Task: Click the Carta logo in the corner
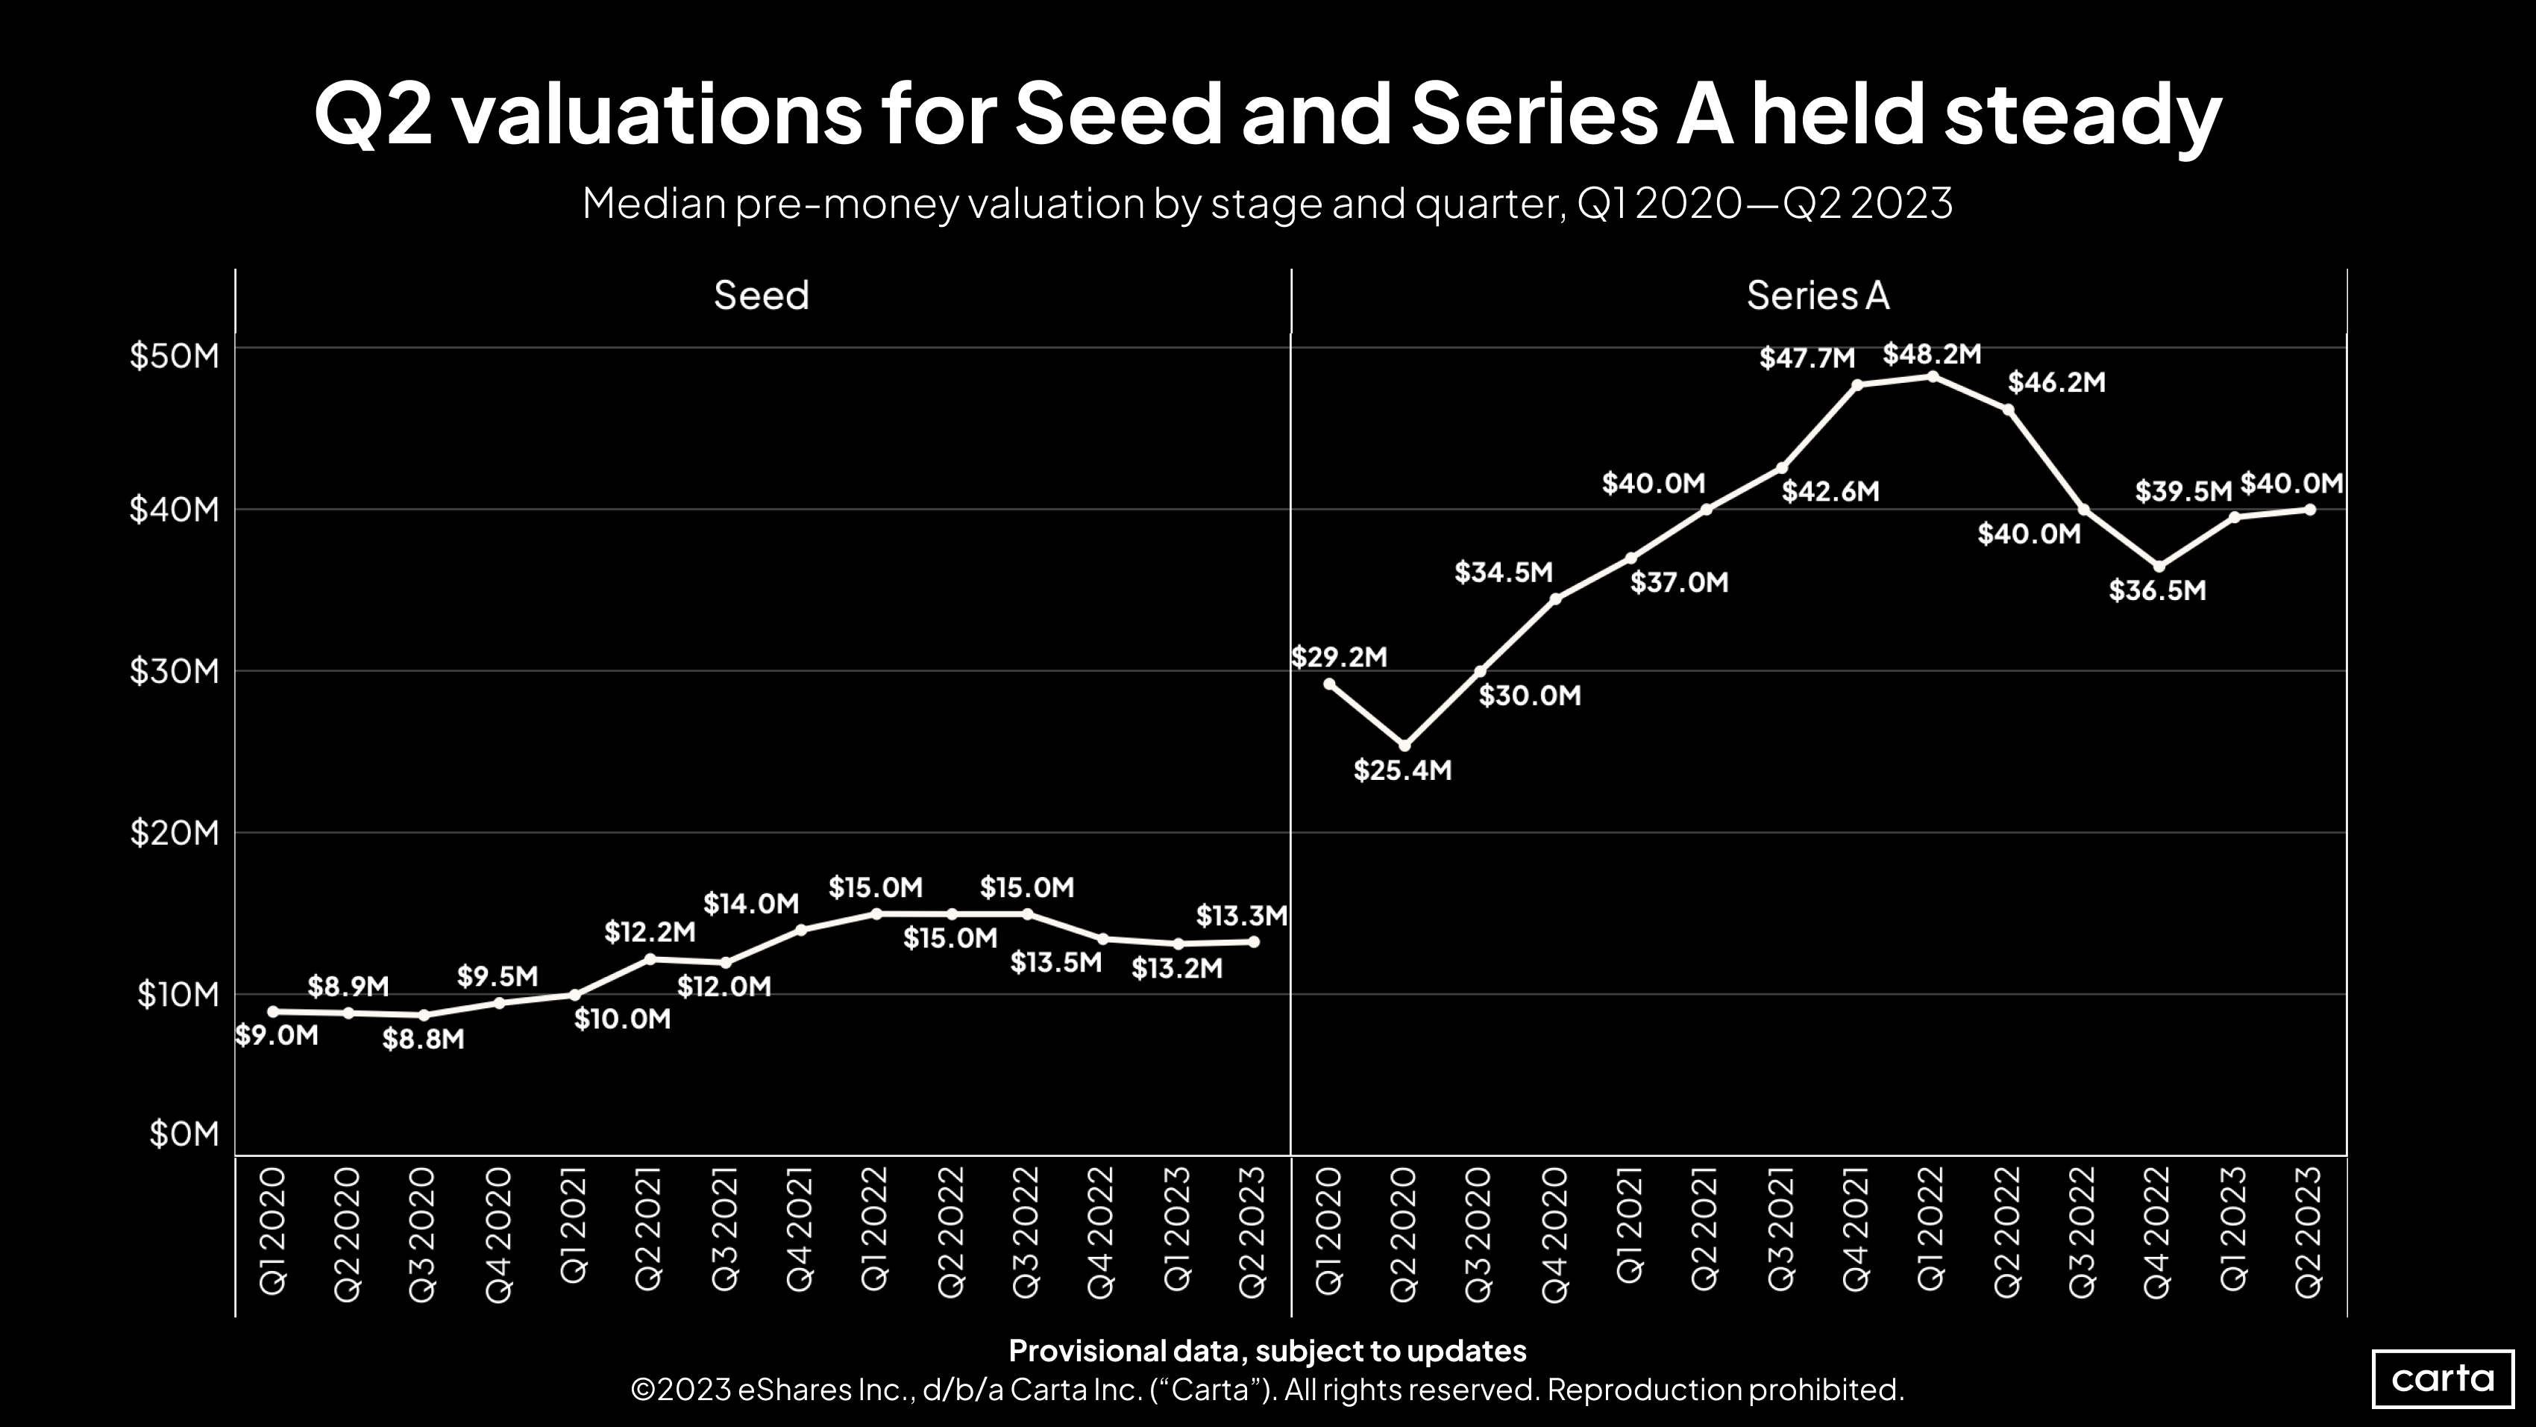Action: [x=2443, y=1378]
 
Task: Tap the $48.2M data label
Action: [x=1932, y=354]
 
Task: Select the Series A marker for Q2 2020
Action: [x=1404, y=746]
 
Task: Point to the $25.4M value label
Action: [x=1402, y=770]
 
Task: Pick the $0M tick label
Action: [x=184, y=1134]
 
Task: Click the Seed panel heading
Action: [x=761, y=296]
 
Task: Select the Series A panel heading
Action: [x=1817, y=296]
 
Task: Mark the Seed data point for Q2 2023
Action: [x=1253, y=941]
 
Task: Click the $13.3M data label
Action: [x=1241, y=916]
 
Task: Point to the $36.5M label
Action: [x=2157, y=591]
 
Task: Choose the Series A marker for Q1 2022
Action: [x=1933, y=376]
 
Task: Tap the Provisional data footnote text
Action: [x=1267, y=1350]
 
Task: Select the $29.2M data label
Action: [x=1338, y=657]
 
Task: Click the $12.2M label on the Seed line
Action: [x=649, y=931]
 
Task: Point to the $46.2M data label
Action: [x=2056, y=382]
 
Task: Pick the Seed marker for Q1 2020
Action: [x=273, y=1011]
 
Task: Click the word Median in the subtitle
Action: [x=653, y=204]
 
